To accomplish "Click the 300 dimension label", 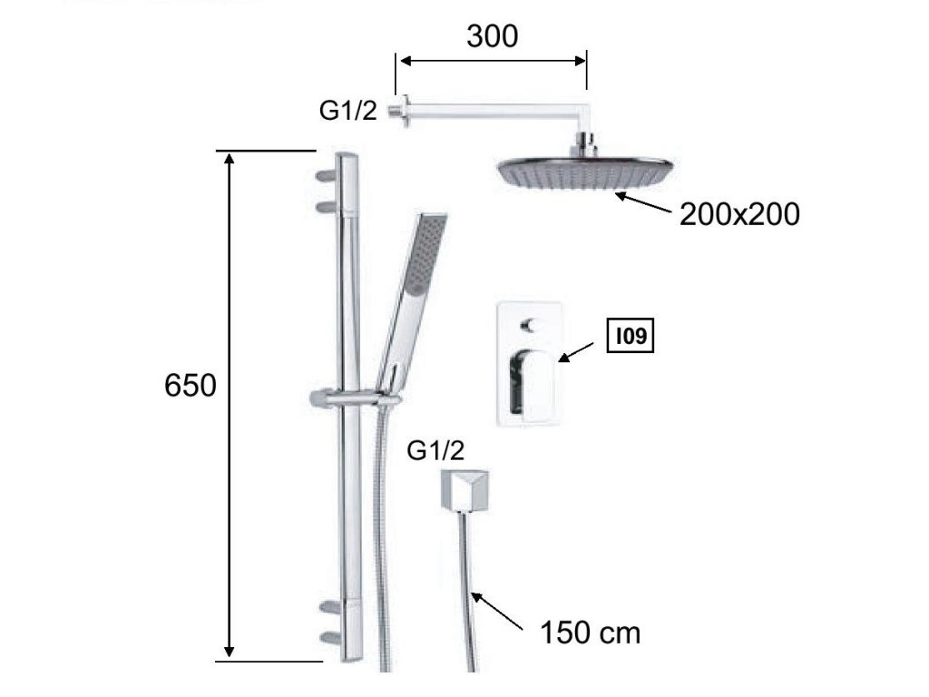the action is tap(492, 36).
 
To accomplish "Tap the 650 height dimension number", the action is tap(191, 386).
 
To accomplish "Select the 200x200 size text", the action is tap(739, 214).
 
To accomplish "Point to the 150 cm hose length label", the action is tap(590, 633).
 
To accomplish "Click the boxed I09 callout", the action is tap(631, 336).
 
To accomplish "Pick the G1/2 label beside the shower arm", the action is tap(347, 110).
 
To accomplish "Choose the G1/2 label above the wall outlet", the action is tap(435, 451).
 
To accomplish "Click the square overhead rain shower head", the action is tap(585, 172).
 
